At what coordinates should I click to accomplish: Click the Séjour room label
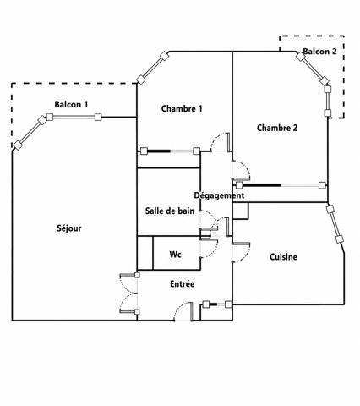coord(69,228)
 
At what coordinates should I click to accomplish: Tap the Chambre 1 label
coord(182,108)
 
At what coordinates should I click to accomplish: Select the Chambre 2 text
coord(277,128)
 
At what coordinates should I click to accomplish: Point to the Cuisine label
coord(283,257)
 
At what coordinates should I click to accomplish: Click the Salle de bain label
coord(170,211)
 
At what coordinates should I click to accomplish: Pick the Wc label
coord(175,255)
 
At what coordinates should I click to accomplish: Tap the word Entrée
coord(183,283)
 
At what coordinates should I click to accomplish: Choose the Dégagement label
coord(219,195)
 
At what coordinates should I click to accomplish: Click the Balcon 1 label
coord(71,104)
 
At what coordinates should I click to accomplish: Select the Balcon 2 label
coord(319,52)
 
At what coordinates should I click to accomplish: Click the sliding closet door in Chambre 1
coord(170,151)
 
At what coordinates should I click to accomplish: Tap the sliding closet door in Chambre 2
coord(281,185)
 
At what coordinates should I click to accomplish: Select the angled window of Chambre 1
coord(152,68)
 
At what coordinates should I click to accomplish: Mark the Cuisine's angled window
coord(335,224)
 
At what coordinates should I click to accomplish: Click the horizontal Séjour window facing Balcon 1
coord(74,117)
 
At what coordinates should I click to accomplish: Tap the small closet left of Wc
coord(145,253)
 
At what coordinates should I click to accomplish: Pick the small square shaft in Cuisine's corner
coord(241,211)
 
